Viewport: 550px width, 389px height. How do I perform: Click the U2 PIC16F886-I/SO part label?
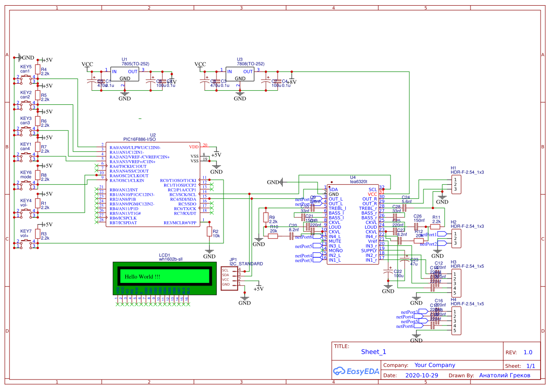coord(139,139)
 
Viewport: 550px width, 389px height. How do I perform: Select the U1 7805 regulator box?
coord(124,75)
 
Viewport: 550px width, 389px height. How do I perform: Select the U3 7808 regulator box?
coord(240,75)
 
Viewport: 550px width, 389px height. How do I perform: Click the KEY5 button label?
coord(26,67)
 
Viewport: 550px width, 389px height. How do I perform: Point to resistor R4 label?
coord(44,70)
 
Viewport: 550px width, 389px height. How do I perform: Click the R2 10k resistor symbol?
coord(209,231)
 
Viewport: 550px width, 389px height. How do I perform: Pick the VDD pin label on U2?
coord(194,147)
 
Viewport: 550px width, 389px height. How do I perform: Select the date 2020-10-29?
coord(421,375)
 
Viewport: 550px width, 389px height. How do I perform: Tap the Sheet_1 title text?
coord(374,351)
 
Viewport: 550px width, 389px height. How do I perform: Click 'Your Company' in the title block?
coord(434,365)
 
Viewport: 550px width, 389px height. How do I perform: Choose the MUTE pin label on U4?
coord(335,241)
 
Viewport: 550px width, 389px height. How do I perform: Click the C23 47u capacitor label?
coord(414,262)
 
